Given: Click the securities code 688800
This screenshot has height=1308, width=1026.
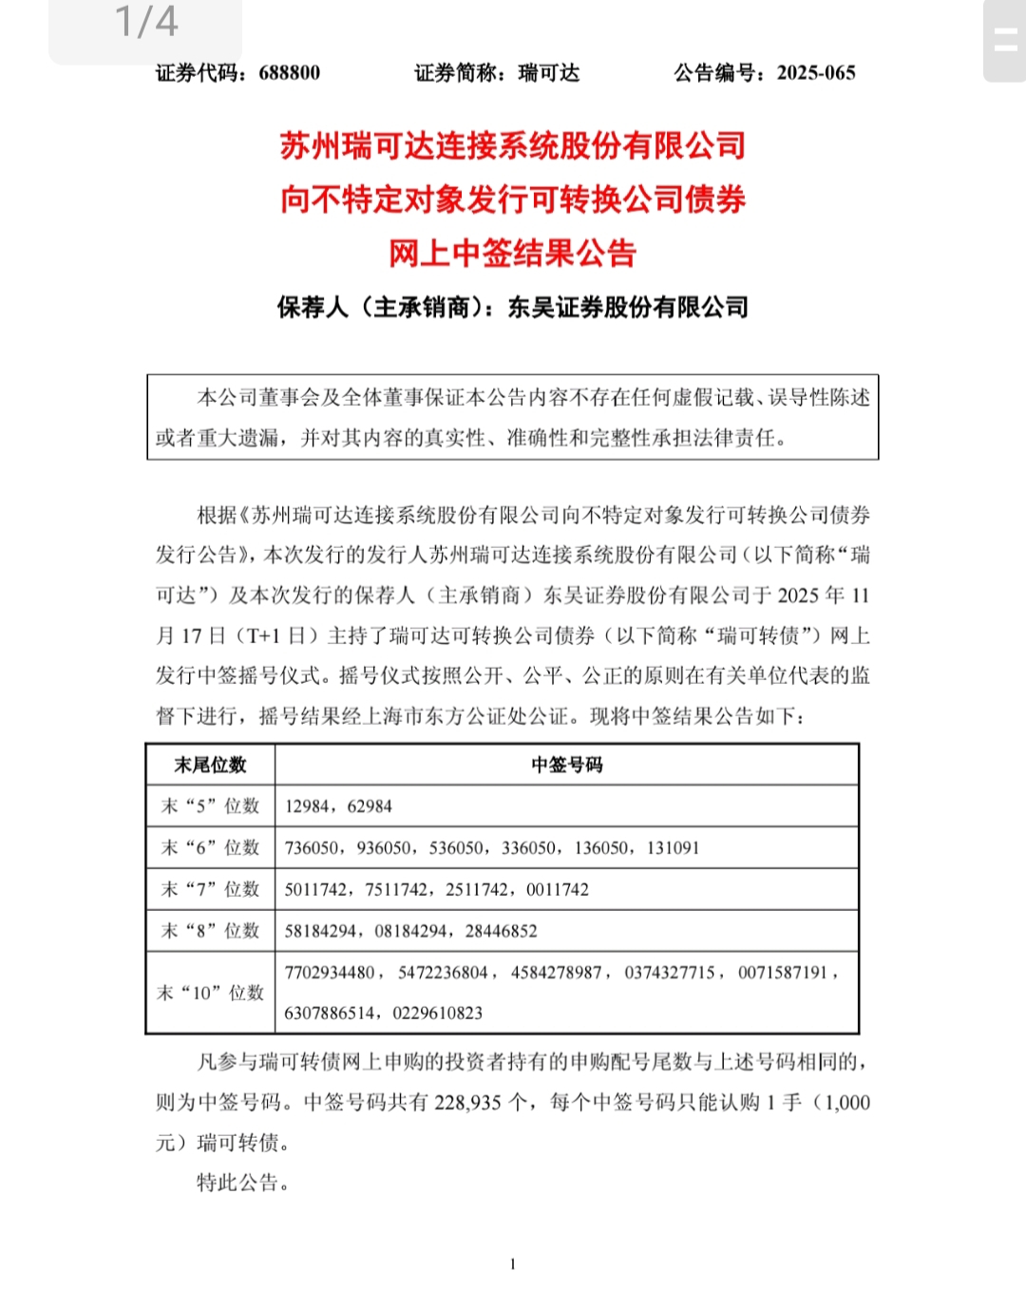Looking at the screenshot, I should click(289, 73).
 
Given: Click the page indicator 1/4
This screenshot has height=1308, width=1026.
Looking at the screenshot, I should click(146, 22).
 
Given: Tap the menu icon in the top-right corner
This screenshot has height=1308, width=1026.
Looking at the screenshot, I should click(1004, 40).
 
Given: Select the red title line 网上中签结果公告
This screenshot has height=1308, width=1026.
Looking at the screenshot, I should click(512, 253).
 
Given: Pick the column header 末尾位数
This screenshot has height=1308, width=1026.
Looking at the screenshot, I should click(210, 765).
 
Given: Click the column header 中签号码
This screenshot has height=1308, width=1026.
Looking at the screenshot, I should click(566, 765).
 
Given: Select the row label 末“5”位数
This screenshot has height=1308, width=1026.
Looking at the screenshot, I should click(210, 806).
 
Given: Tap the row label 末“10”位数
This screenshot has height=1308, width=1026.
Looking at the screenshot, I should click(210, 993).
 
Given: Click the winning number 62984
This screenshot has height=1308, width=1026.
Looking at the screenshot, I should click(370, 806).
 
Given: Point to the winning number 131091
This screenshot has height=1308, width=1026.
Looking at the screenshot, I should click(673, 847).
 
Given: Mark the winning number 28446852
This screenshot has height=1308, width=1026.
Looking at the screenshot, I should click(501, 931).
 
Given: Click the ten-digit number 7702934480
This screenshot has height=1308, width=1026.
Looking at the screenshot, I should click(330, 973).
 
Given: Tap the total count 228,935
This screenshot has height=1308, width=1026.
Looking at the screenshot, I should click(467, 1103).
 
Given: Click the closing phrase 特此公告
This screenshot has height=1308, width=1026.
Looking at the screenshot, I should click(241, 1183).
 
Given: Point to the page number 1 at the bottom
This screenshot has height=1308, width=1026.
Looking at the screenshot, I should click(513, 1264).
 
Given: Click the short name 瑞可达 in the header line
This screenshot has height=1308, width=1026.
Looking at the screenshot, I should click(548, 73).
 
